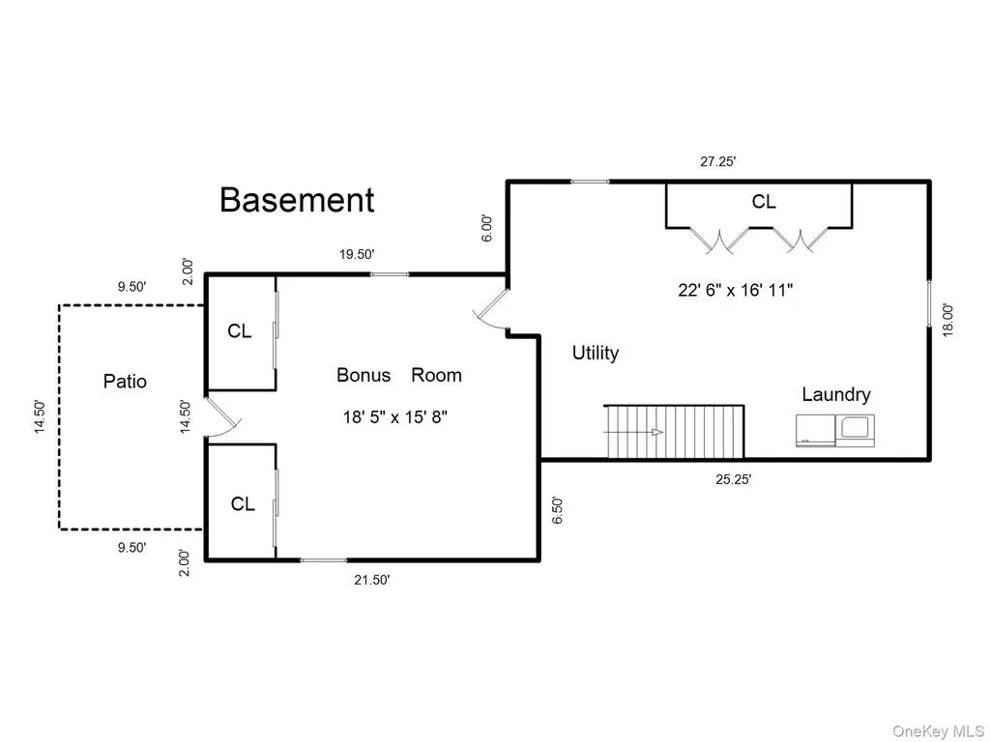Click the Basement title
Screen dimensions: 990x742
(297, 200)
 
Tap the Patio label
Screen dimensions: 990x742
(125, 381)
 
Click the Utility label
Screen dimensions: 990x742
(596, 353)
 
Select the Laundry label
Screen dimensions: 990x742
(836, 394)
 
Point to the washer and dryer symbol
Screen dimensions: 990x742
(835, 430)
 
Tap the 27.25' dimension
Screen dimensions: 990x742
(718, 161)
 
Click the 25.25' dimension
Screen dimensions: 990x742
(733, 479)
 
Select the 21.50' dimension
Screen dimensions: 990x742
(372, 580)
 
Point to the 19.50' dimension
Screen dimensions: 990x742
(357, 254)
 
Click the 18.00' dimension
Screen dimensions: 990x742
(947, 320)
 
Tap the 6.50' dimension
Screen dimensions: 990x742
(557, 510)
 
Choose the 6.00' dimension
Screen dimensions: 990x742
(486, 228)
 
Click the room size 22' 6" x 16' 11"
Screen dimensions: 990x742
(736, 290)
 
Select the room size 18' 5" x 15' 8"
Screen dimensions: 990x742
(395, 417)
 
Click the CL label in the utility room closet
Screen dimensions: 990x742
(764, 202)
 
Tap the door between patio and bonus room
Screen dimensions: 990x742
(223, 417)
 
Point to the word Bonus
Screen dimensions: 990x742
(364, 375)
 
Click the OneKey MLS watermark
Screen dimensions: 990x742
(938, 731)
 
